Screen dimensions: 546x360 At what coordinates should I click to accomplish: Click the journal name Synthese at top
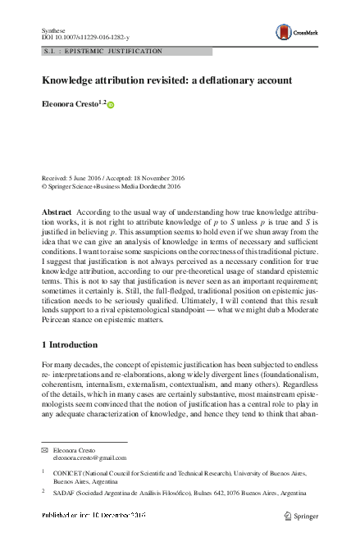[x=53, y=29]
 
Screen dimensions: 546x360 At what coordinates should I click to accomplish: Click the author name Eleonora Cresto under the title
[x=69, y=104]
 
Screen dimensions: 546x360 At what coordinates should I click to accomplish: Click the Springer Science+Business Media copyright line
[x=110, y=186]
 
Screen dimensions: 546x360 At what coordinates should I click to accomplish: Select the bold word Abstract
[x=57, y=212]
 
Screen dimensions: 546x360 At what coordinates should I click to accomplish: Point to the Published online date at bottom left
[x=93, y=515]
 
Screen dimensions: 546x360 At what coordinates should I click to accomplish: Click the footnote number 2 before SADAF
[x=43, y=493]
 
